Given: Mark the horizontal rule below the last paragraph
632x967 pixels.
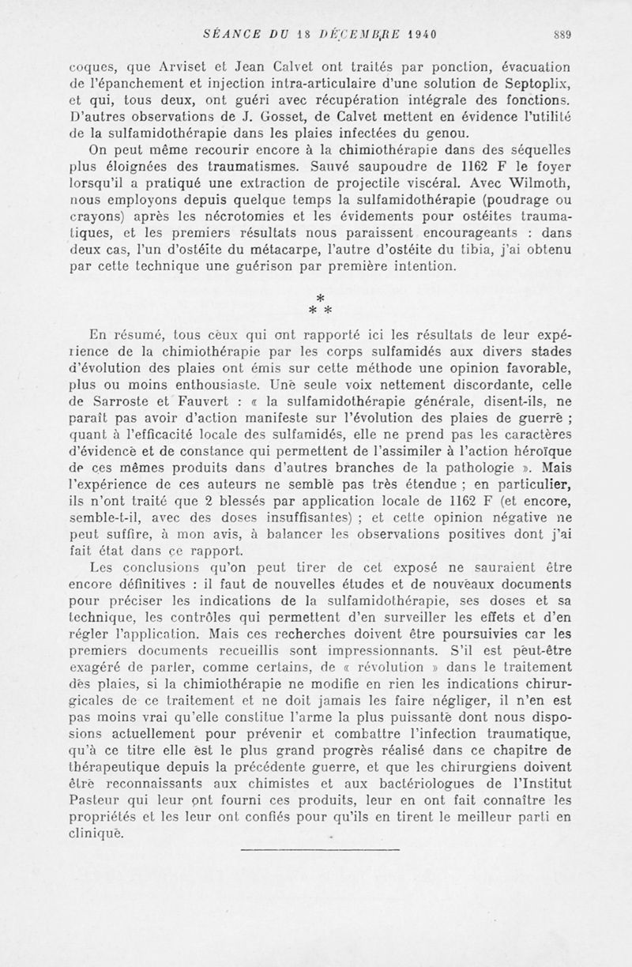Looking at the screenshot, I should click(x=319, y=849).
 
